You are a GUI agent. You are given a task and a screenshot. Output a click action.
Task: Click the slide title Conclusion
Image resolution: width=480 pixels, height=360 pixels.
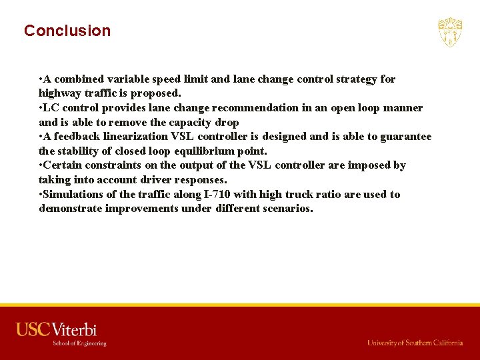pyautogui.click(x=67, y=31)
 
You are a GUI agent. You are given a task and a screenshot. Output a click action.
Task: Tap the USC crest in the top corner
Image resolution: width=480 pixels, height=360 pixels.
pyautogui.click(x=450, y=32)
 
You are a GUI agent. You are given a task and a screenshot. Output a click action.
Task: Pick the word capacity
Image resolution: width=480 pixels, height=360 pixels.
pyautogui.click(x=189, y=122)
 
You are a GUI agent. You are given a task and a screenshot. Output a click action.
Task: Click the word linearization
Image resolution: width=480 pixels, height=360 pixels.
pyautogui.click(x=135, y=137)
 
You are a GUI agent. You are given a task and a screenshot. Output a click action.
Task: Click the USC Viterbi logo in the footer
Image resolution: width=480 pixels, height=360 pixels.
pyautogui.click(x=57, y=329)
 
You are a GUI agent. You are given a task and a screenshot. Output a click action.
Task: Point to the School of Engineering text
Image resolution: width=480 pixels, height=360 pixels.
pyautogui.click(x=79, y=343)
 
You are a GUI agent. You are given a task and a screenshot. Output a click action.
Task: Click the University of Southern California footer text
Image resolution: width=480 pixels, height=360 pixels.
pyautogui.click(x=415, y=343)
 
